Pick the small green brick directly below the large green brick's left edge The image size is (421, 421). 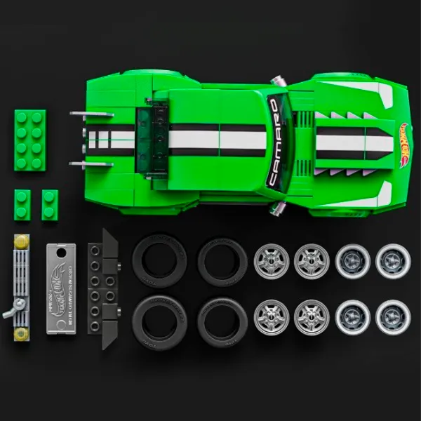22,205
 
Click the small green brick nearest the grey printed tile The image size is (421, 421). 50,205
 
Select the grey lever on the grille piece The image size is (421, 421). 12,309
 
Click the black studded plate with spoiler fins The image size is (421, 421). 102,288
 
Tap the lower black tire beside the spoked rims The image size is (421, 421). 222,319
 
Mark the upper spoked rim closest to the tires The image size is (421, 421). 271,261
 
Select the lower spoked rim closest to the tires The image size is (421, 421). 271,316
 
